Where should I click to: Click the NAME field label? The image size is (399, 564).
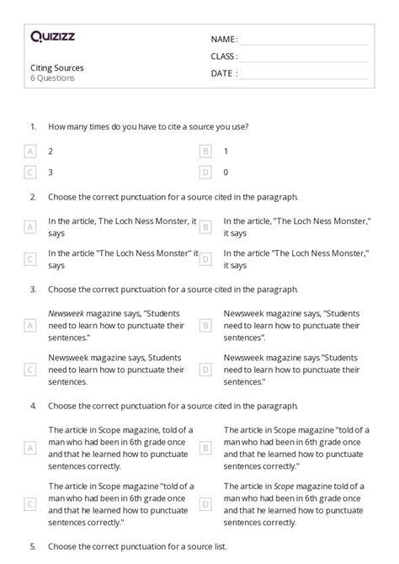coord(223,39)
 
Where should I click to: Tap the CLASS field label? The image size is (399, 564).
coord(224,56)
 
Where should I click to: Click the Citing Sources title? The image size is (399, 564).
coord(57,67)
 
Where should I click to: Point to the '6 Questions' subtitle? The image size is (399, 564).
coord(52,77)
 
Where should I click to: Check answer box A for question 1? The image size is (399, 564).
coord(30,151)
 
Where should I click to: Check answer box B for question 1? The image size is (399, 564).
coord(205,151)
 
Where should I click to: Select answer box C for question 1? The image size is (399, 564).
coord(30,172)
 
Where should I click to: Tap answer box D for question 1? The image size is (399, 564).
coord(205,172)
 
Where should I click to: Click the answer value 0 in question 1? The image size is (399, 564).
coord(226,172)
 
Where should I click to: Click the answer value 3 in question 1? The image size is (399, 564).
coord(51,172)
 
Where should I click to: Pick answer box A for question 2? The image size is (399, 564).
coord(30,226)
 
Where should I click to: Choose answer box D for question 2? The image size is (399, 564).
coord(205,259)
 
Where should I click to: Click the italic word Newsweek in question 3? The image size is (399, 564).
coord(65,313)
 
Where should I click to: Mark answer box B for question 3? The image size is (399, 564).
coord(205,325)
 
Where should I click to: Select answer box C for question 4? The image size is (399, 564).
coord(30,503)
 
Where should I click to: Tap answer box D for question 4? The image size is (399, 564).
coord(205,503)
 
